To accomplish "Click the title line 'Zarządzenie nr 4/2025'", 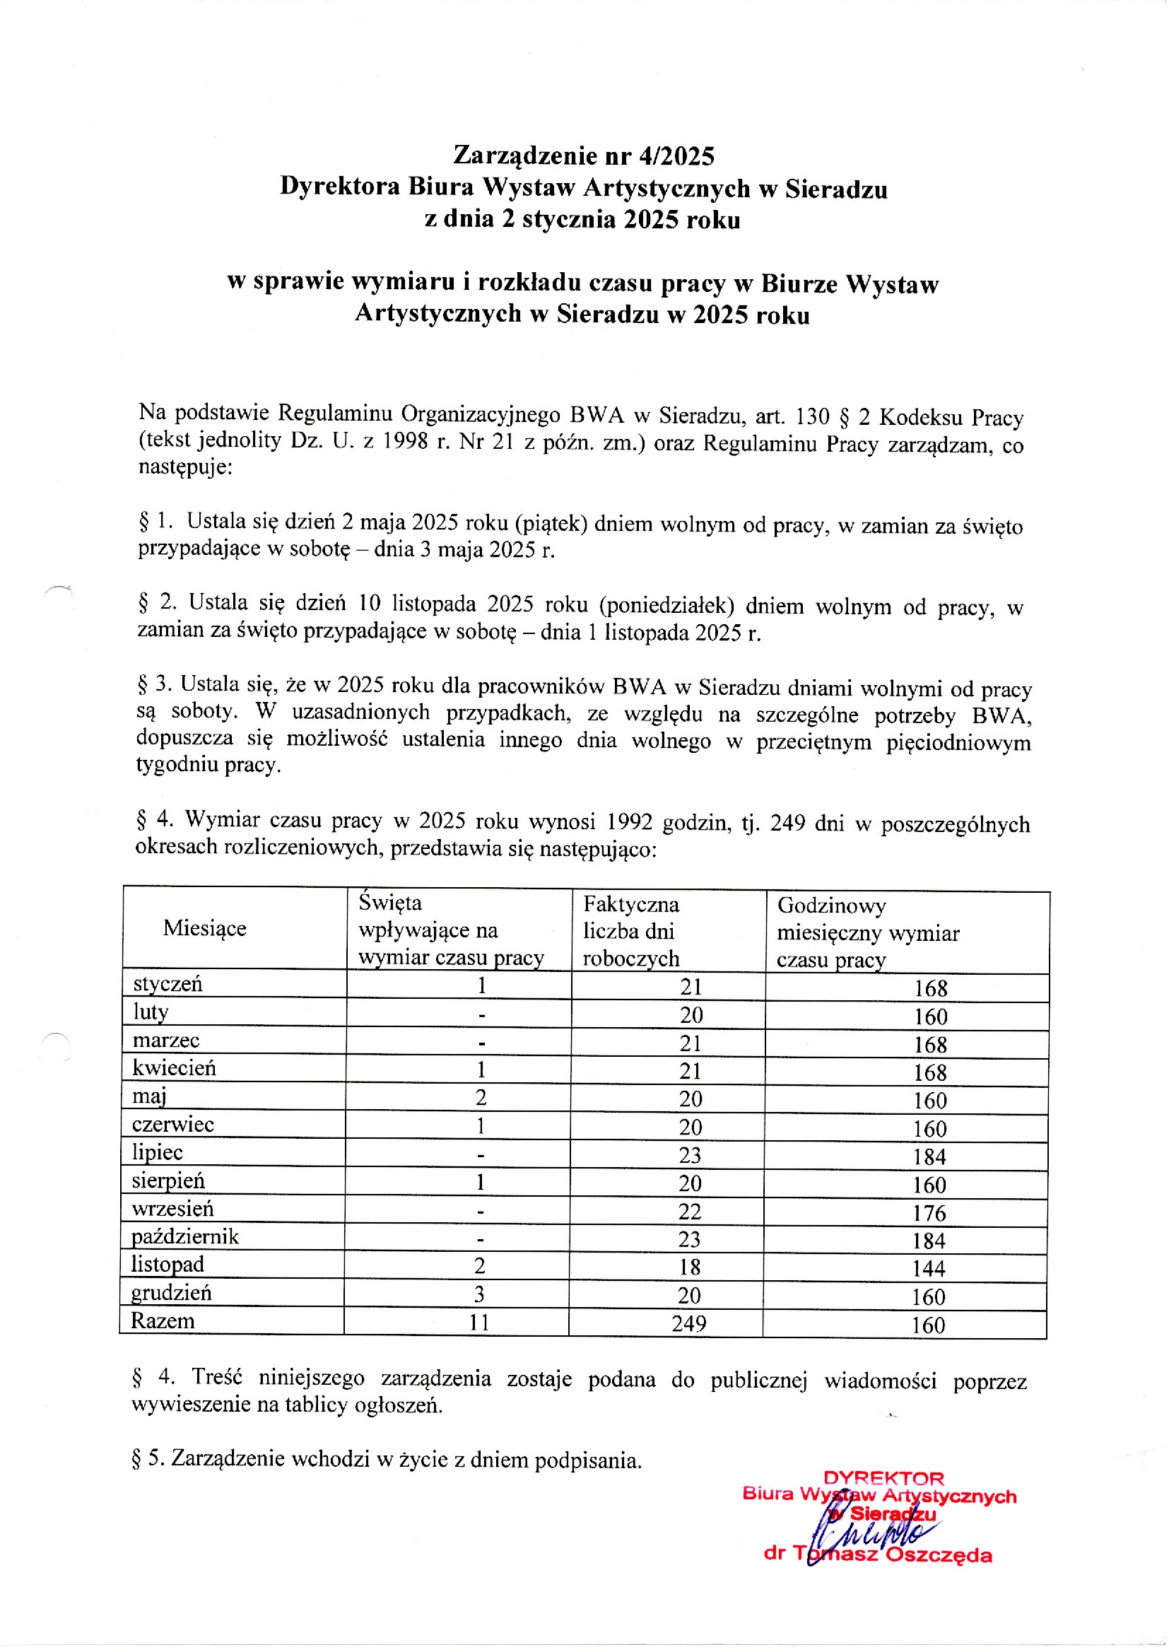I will click(583, 156).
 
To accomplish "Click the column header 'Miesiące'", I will click(204, 928).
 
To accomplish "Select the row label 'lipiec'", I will click(157, 1152).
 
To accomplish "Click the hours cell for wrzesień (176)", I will click(929, 1213).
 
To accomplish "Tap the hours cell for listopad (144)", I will click(929, 1268).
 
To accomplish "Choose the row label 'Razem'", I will click(163, 1321).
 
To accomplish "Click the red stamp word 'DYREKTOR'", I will click(883, 1479).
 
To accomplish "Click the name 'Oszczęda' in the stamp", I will click(939, 1555).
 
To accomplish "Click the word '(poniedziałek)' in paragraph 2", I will click(666, 605).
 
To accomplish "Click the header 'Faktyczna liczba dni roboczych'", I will click(630, 932).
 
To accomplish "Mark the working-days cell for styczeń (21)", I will click(691, 987).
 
